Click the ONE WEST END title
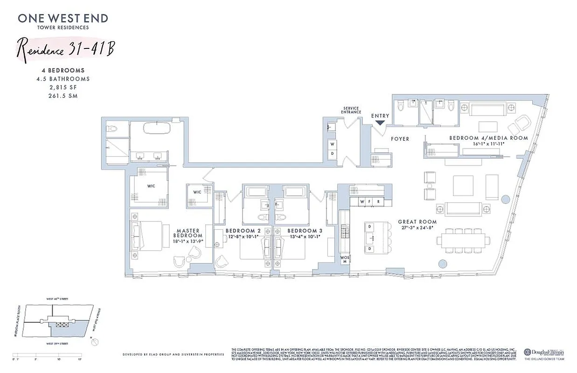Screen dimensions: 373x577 point(63,19)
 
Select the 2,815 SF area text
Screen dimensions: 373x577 point(63,87)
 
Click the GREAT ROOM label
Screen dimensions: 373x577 point(417,222)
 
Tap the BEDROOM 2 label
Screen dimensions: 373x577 point(243,231)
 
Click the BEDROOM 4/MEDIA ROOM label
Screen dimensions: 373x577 point(488,138)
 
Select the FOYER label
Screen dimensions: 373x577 point(400,139)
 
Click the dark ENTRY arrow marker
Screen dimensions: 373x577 point(380,123)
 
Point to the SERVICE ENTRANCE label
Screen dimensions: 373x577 point(351,110)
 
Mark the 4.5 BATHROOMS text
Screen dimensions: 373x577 point(63,79)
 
